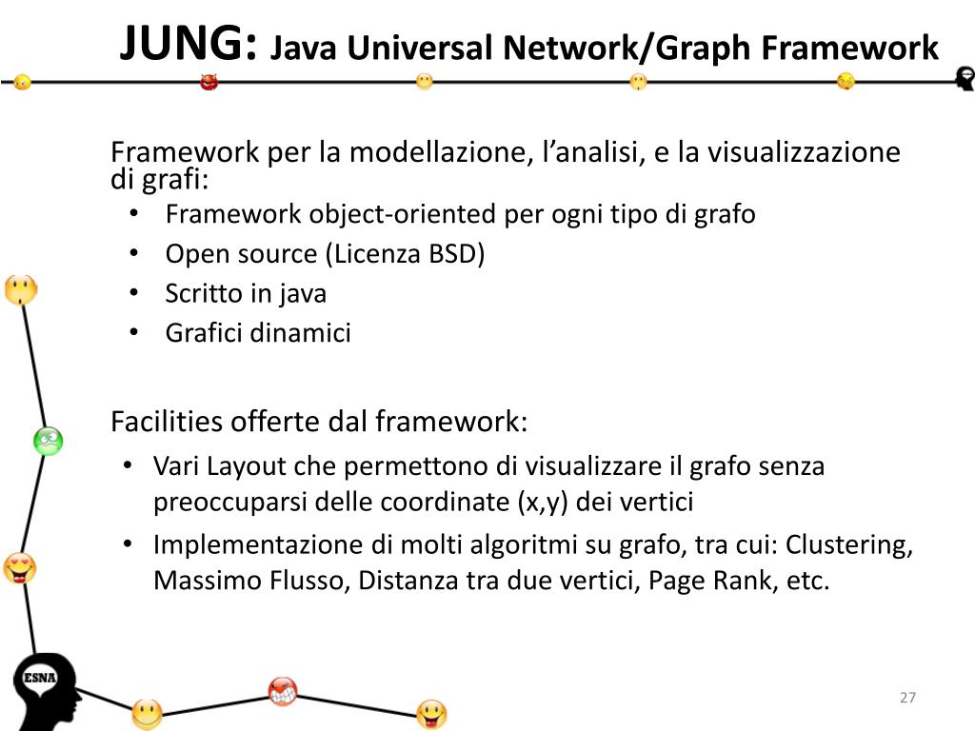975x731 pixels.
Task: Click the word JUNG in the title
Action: tap(188, 43)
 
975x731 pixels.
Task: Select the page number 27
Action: tap(907, 699)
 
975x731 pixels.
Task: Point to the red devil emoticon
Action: tap(209, 82)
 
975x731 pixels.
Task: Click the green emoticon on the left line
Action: tap(48, 440)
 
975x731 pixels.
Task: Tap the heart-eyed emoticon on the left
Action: tap(19, 568)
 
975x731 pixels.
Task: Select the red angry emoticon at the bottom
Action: tap(283, 691)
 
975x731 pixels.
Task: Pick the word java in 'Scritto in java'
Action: tap(303, 294)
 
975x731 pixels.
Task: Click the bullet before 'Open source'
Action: tap(134, 254)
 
